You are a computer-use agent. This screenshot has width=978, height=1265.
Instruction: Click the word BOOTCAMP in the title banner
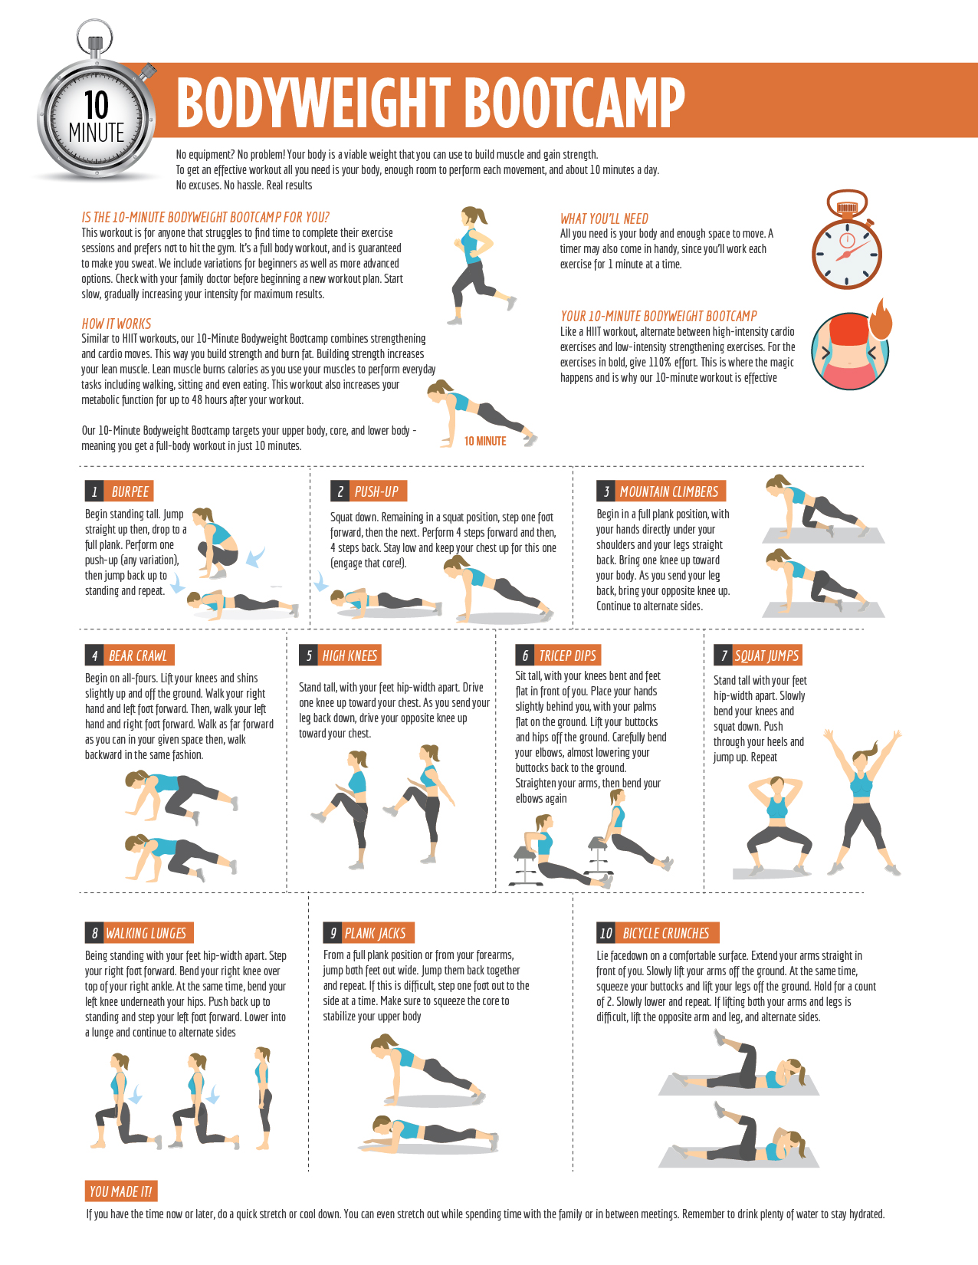coord(576,103)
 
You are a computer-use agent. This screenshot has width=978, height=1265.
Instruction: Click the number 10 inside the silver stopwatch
coord(96,105)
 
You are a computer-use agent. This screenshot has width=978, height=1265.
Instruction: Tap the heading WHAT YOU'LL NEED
coord(604,219)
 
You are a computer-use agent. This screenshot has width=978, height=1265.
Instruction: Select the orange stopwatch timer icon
coord(846,240)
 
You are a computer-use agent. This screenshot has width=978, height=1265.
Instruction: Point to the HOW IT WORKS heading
coord(117,324)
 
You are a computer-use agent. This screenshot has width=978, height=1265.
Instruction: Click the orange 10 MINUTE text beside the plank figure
coord(485,442)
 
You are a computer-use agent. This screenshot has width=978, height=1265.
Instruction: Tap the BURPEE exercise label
coord(130,491)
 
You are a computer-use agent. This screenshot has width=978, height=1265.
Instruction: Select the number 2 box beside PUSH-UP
coord(340,491)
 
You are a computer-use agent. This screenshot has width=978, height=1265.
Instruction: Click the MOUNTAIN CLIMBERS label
coord(668,491)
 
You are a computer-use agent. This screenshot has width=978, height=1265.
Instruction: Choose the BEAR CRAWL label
coord(139,655)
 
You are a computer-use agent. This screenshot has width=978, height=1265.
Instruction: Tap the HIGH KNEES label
coord(350,655)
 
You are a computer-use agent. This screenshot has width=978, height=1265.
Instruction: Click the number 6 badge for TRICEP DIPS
coord(525,655)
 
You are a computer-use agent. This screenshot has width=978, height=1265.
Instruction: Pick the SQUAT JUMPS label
coord(766,655)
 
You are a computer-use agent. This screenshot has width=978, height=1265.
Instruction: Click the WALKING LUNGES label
coord(146,932)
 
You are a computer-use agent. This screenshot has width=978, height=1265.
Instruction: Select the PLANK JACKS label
coord(376,932)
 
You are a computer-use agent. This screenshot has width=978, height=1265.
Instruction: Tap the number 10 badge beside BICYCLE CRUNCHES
coord(606,932)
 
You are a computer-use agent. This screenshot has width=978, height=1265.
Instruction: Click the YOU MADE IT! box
coord(121,1191)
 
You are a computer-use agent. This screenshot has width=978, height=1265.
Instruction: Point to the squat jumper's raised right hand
coord(829,734)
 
